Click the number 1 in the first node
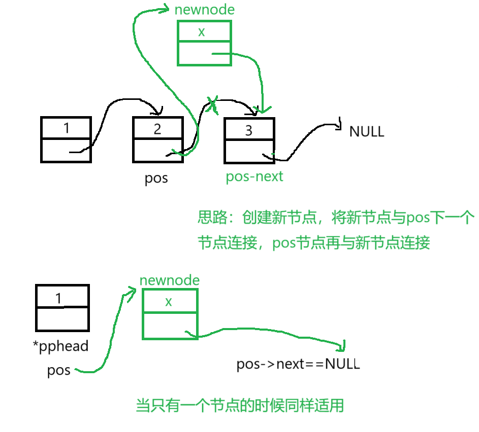[x=67, y=128]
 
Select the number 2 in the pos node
[x=157, y=129]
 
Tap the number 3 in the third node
[x=248, y=131]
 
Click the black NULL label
[x=367, y=132]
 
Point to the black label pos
[x=156, y=178]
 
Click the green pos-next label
[x=254, y=176]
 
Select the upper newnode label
[x=205, y=10]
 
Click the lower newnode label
[x=170, y=280]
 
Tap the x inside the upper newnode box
[x=202, y=32]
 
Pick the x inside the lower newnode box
[x=169, y=302]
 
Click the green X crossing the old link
[x=212, y=103]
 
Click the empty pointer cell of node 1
[x=66, y=150]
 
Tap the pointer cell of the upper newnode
[x=204, y=53]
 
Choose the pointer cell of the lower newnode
[x=170, y=326]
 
